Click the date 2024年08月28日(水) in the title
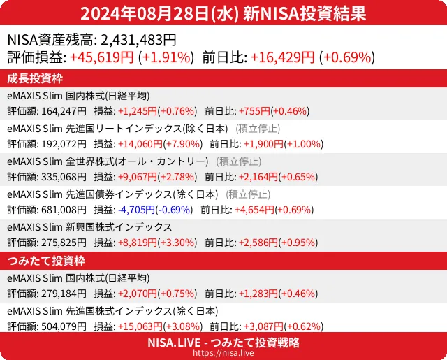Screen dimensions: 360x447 tap(159, 13)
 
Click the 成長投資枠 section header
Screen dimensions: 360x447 tap(36, 78)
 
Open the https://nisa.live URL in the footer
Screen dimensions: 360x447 tap(223, 353)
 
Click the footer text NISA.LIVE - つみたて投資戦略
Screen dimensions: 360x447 tap(223, 343)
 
